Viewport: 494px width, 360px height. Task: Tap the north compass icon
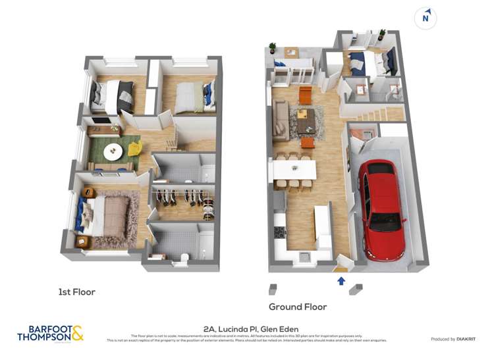pos(425,18)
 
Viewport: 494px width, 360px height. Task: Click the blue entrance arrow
pos(341,281)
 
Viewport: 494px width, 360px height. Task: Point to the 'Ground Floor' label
pos(297,307)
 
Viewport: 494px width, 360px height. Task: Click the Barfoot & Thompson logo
pos(50,333)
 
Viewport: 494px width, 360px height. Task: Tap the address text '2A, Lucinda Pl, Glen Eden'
pos(250,329)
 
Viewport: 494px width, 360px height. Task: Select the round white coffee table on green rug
pos(113,151)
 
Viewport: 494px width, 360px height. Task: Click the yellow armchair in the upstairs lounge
pos(134,148)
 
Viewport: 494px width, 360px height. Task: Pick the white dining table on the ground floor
pos(294,170)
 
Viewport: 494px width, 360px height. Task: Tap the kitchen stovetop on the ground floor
pos(279,232)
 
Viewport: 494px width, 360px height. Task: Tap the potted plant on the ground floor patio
pos(272,48)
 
